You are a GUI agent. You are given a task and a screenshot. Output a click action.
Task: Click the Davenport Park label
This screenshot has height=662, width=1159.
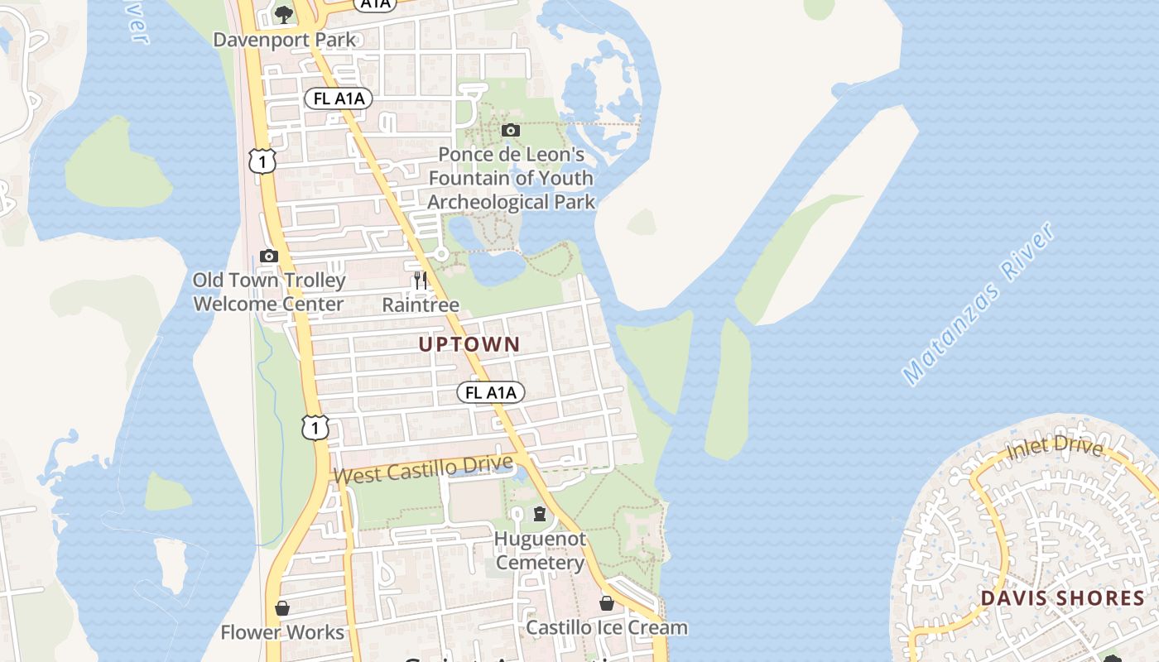click(285, 40)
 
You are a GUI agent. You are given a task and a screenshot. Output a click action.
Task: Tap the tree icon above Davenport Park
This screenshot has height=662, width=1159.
click(284, 14)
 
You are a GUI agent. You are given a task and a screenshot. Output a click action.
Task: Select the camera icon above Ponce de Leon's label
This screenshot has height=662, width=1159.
click(511, 130)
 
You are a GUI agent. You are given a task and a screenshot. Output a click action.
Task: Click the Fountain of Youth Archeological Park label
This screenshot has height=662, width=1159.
click(511, 178)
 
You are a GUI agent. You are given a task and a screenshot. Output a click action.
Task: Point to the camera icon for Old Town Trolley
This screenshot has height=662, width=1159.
click(268, 256)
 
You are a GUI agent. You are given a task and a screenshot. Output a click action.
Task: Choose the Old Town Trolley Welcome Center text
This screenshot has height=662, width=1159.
click(268, 292)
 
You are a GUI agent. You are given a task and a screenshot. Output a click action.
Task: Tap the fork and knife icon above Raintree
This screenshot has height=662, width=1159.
click(421, 281)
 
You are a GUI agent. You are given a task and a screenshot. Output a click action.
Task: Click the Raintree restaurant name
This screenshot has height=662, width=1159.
click(421, 305)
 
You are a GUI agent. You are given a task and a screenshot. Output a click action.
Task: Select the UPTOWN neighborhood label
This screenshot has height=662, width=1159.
click(469, 344)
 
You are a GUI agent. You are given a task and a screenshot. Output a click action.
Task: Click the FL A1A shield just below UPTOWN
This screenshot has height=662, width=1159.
click(491, 392)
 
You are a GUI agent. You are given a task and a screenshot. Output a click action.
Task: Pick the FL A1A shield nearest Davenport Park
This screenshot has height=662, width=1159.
click(339, 98)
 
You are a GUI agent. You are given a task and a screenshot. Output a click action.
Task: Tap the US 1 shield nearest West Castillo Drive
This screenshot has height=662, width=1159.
click(315, 427)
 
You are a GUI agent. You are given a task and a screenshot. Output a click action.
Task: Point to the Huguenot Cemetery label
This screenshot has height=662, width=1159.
click(540, 551)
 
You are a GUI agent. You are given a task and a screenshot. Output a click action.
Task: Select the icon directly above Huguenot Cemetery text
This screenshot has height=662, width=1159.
click(540, 514)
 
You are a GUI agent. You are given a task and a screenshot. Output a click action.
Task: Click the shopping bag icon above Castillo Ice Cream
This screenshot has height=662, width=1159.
click(607, 603)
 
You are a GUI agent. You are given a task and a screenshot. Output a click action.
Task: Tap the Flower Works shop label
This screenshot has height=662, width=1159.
click(282, 633)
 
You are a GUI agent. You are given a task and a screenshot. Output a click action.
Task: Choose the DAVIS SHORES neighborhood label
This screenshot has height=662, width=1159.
click(1062, 598)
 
